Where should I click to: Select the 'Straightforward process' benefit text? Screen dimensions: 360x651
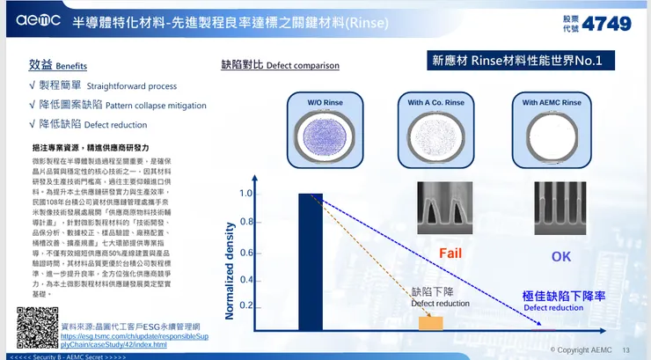132,86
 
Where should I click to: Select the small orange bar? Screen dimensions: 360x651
431,323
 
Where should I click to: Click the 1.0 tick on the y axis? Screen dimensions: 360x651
246,194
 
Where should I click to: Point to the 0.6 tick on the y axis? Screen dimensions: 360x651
246,253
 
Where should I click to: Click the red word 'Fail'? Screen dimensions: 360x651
451,254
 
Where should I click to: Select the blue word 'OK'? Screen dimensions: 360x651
560,256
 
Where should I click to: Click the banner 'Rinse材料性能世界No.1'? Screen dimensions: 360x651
522,61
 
